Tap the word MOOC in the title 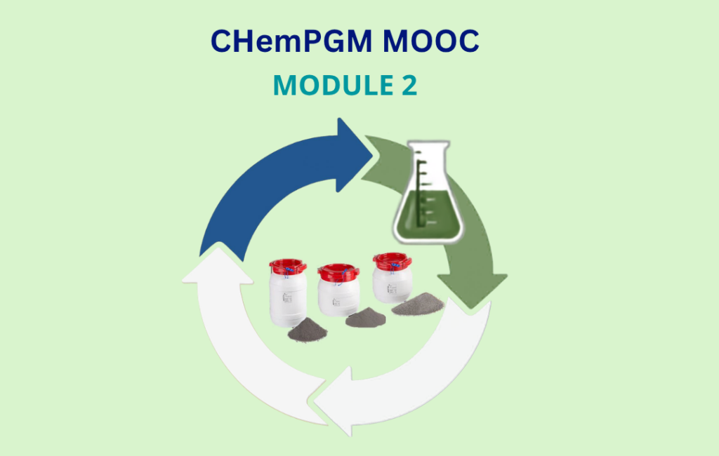click(431, 41)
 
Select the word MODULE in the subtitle click(332, 85)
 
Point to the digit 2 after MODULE click(410, 85)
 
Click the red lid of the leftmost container click(287, 266)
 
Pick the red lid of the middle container click(338, 272)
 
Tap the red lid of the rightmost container click(392, 260)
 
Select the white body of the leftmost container click(287, 299)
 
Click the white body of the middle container click(338, 298)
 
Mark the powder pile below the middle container click(365, 318)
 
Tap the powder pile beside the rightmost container click(418, 304)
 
